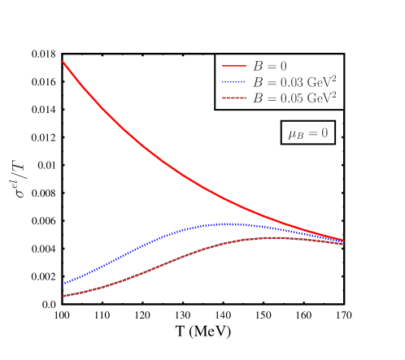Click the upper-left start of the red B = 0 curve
tap(63, 63)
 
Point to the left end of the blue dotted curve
tap(63, 284)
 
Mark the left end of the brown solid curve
tap(63, 296)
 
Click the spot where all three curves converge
tap(342, 241)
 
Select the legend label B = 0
tap(269, 67)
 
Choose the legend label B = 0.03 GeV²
tap(294, 82)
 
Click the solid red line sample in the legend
tap(233, 67)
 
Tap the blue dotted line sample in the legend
tap(233, 82)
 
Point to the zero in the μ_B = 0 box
tap(324, 133)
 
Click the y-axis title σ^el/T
tap(20, 180)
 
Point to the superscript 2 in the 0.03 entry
tap(333, 78)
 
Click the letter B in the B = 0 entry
tap(257, 67)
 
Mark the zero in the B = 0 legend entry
tap(282, 67)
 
